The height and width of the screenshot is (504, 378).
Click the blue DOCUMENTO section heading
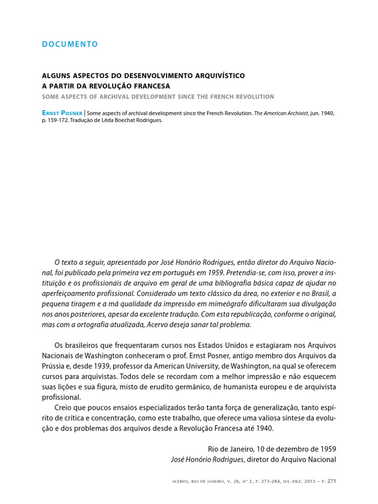pyautogui.click(x=69, y=44)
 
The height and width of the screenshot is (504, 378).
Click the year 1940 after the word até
pyautogui.click(x=261, y=429)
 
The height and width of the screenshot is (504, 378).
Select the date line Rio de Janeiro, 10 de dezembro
pyautogui.click(x=261, y=449)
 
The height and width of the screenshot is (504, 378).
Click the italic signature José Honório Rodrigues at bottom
pyautogui.click(x=206, y=460)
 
